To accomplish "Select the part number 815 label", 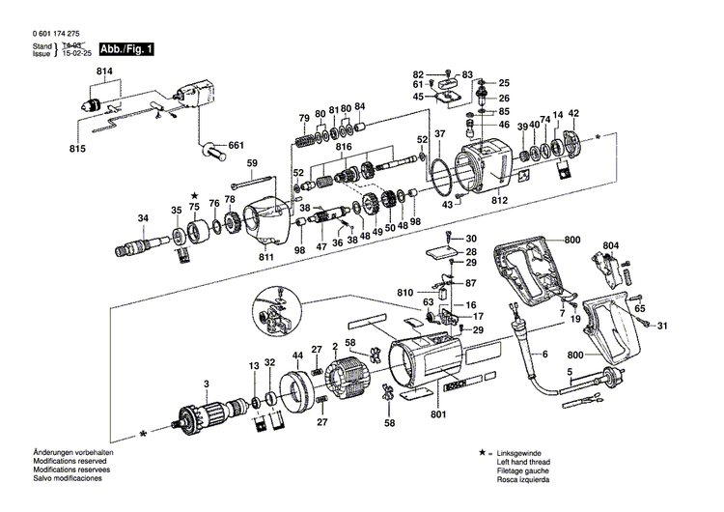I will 78,147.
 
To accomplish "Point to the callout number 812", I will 499,200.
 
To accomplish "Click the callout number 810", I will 404,292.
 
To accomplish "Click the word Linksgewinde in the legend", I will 520,453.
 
